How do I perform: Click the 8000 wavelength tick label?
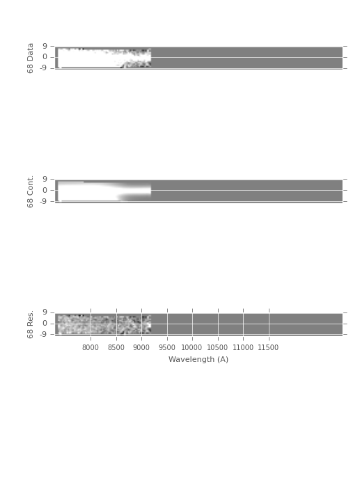pos(91,347)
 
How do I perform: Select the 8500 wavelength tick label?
pos(116,347)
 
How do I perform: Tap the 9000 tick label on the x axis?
pos(141,347)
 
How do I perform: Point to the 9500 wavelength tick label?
pos(167,347)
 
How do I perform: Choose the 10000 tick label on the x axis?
pos(191,347)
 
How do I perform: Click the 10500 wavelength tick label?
pos(217,347)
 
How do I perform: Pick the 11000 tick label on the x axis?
pos(243,347)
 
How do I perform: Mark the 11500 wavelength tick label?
pos(268,347)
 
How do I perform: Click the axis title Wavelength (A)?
pos(198,360)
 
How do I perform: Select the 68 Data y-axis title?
pos(30,58)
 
